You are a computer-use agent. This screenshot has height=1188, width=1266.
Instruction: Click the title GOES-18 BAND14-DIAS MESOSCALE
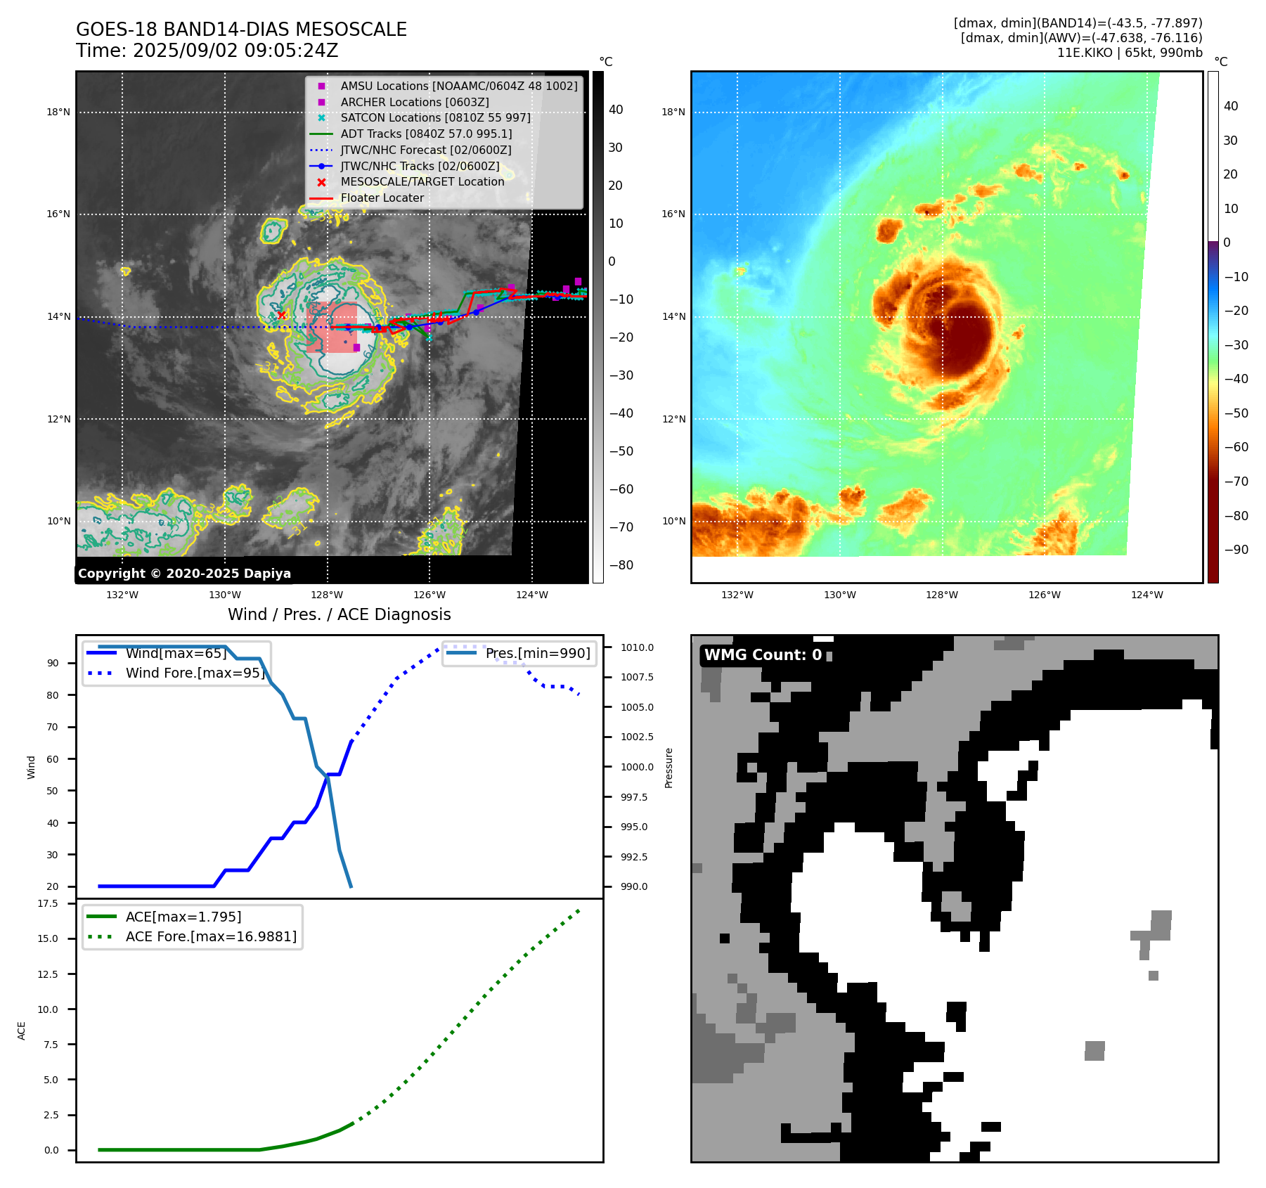click(x=241, y=30)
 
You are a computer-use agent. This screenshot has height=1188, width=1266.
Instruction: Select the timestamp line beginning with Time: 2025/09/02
click(x=207, y=51)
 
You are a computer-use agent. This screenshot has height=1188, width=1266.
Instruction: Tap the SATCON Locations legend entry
click(x=435, y=118)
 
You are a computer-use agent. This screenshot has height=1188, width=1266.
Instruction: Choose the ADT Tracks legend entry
click(x=426, y=134)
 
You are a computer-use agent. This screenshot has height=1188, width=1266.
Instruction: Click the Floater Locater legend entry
click(x=382, y=198)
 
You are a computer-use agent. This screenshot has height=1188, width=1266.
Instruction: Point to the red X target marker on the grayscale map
click(x=282, y=315)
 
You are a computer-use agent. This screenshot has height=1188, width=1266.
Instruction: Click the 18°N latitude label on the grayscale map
click(x=58, y=112)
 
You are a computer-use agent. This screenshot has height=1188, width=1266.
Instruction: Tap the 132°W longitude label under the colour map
click(x=737, y=595)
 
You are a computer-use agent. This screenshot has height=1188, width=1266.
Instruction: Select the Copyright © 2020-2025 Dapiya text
click(x=184, y=574)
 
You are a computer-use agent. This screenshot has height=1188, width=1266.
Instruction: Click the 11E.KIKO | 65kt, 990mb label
click(x=1130, y=53)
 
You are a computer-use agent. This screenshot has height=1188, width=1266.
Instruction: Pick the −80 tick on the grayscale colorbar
click(x=621, y=565)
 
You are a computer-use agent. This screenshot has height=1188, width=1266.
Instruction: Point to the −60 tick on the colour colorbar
click(x=1236, y=447)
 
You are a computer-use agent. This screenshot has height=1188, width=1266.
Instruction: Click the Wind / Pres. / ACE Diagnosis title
click(x=339, y=614)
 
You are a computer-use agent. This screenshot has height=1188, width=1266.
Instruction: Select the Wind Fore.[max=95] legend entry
click(x=195, y=673)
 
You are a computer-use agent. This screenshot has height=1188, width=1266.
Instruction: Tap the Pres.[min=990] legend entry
click(x=538, y=653)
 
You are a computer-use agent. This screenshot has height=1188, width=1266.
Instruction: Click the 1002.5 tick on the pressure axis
click(x=637, y=737)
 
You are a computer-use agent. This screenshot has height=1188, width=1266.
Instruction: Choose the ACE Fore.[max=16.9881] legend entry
click(x=211, y=936)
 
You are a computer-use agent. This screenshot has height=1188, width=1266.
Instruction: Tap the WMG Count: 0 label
click(x=763, y=655)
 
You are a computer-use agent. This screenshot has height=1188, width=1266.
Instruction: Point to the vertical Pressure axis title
click(x=668, y=768)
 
